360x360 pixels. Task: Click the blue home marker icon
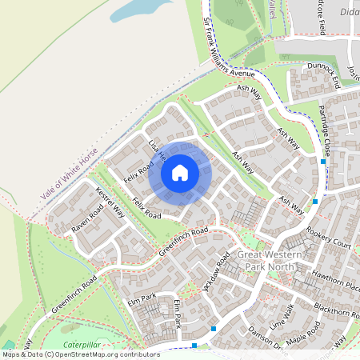click(180, 172)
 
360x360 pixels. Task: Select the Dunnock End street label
click(324, 76)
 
